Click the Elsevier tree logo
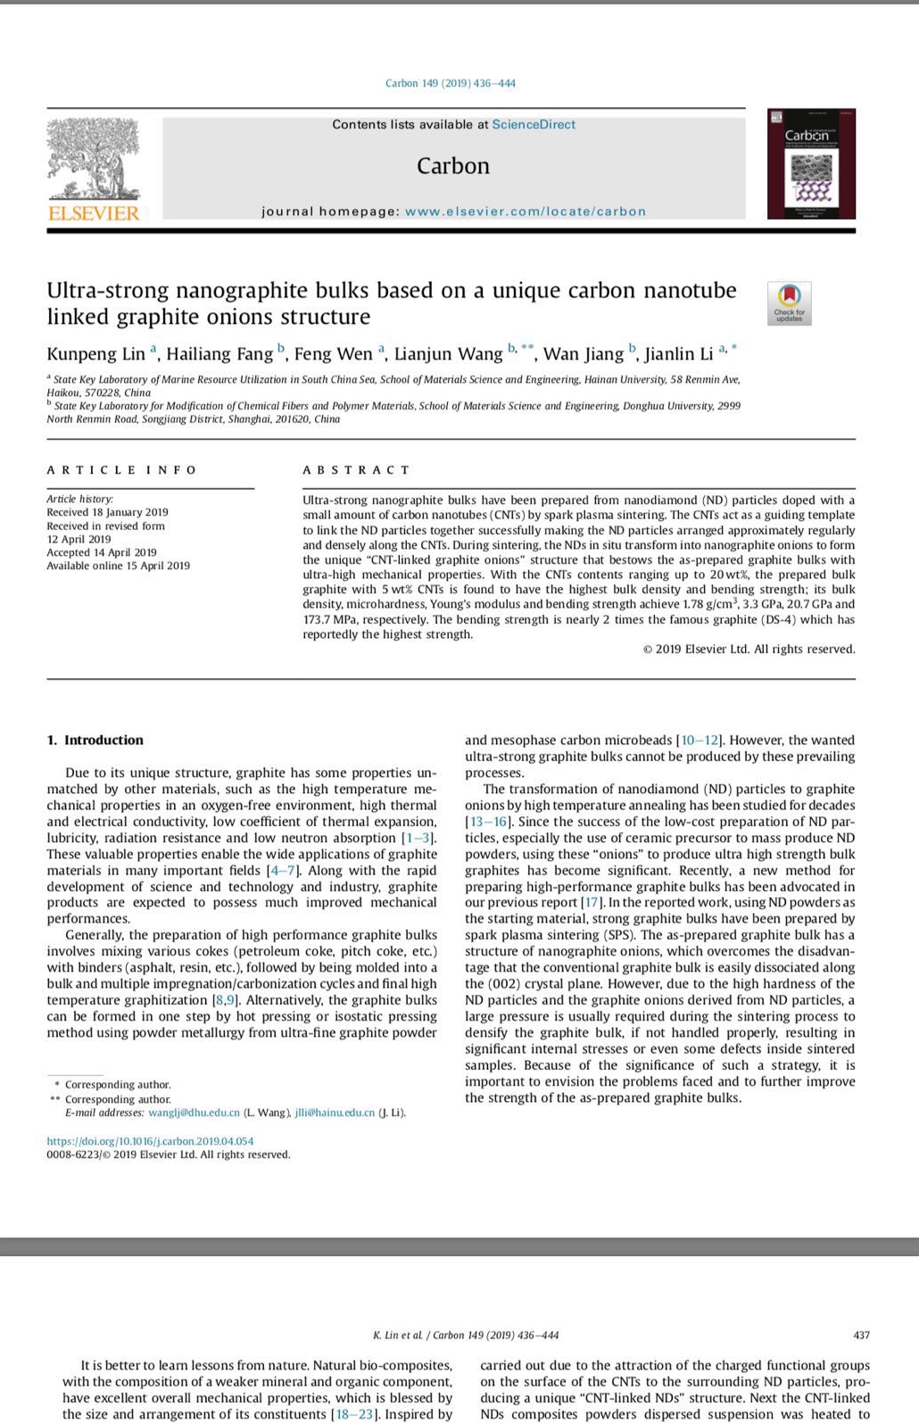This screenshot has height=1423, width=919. click(x=94, y=158)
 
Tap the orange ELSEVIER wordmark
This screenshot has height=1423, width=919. click(x=94, y=213)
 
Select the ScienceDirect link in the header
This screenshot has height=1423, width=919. click(x=534, y=125)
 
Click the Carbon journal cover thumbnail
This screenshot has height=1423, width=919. click(x=810, y=164)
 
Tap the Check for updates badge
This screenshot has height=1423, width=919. click(x=789, y=303)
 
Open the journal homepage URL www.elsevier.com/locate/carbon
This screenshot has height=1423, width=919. click(x=525, y=211)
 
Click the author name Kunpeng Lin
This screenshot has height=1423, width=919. click(x=95, y=354)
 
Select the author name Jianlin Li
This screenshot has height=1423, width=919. click(x=679, y=354)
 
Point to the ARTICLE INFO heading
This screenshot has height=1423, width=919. click(x=121, y=470)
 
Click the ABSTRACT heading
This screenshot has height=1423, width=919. click(x=356, y=470)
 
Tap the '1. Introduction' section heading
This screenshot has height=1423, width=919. click(x=95, y=740)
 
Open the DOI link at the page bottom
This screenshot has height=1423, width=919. click(x=150, y=1141)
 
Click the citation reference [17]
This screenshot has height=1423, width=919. click(x=591, y=903)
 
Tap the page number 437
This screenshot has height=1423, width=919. click(x=861, y=1336)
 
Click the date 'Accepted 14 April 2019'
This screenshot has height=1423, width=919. click(x=102, y=552)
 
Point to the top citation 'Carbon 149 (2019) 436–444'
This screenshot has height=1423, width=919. click(x=451, y=84)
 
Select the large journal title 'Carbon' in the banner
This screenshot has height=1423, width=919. click(x=453, y=167)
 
